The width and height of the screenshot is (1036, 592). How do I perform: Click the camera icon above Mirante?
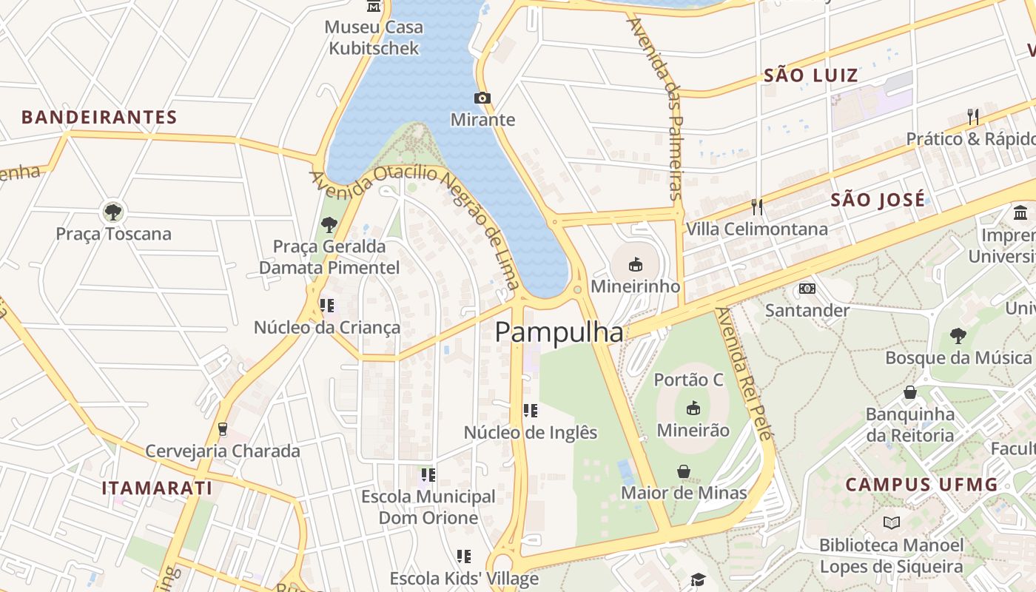(x=482, y=98)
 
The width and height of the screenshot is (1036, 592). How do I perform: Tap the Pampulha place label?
(x=559, y=333)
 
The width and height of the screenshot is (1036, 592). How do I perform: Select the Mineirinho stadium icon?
(x=635, y=263)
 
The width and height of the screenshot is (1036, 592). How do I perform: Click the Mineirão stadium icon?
(x=693, y=408)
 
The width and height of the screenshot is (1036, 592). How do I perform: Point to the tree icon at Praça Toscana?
(x=113, y=212)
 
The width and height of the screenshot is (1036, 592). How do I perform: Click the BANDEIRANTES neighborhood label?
(x=99, y=117)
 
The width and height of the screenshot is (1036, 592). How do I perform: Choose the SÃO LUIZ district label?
(x=810, y=75)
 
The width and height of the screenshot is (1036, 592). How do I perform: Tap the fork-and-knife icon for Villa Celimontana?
(x=756, y=206)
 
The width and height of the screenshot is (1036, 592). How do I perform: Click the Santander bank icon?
(x=807, y=288)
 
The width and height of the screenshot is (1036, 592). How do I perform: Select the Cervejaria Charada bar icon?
(x=222, y=429)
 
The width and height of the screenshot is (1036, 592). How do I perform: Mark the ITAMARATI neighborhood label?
(x=157, y=488)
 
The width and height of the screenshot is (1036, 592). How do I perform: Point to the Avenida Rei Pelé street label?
(x=744, y=373)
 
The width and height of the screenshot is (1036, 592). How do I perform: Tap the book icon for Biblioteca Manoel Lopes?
(x=891, y=523)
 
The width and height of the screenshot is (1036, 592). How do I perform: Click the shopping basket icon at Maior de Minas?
(x=684, y=471)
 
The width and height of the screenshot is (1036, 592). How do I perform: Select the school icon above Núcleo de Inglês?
(x=530, y=410)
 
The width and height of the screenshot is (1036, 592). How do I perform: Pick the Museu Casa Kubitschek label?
(x=374, y=38)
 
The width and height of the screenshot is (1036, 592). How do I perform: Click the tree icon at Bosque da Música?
(x=958, y=335)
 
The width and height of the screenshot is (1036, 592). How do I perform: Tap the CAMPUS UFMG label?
(x=921, y=485)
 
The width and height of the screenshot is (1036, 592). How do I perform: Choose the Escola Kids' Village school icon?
(x=464, y=556)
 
